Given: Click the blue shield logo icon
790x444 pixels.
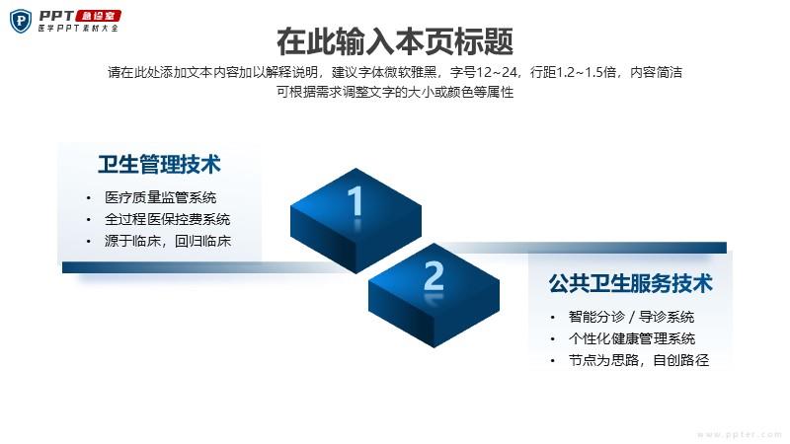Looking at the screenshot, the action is [x=21, y=21].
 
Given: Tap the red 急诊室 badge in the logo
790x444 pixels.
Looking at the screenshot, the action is [x=98, y=16].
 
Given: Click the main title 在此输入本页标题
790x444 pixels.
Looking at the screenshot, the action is [x=395, y=41].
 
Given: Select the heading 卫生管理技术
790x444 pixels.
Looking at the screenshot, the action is [x=159, y=165].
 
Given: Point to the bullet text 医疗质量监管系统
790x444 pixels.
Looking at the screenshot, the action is [x=160, y=197].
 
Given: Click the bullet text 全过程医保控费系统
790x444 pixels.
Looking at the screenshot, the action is [x=167, y=219].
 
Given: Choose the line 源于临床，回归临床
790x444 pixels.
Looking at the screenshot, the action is [x=167, y=241].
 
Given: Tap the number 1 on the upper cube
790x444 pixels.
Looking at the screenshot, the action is [x=355, y=201].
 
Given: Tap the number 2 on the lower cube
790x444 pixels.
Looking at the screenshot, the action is [x=434, y=276].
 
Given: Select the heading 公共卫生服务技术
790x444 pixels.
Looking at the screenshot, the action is [x=630, y=283].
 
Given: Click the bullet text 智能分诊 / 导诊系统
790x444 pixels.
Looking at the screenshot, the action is [x=631, y=317].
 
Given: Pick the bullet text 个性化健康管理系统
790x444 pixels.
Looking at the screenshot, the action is [x=632, y=338].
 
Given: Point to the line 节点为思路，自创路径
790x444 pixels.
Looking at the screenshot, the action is [x=638, y=360].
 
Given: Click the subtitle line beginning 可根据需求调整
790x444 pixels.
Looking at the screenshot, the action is [x=395, y=92].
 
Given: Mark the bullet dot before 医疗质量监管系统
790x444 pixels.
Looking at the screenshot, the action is [x=89, y=198].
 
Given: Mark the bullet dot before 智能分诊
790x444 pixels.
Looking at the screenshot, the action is [x=553, y=317].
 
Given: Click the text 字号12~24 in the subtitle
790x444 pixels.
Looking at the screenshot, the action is [x=484, y=72].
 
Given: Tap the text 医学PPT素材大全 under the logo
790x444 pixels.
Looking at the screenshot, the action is [x=78, y=29].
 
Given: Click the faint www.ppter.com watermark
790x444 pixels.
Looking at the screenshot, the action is [x=740, y=434].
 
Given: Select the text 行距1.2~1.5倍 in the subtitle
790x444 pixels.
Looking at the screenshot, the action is [x=574, y=72].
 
